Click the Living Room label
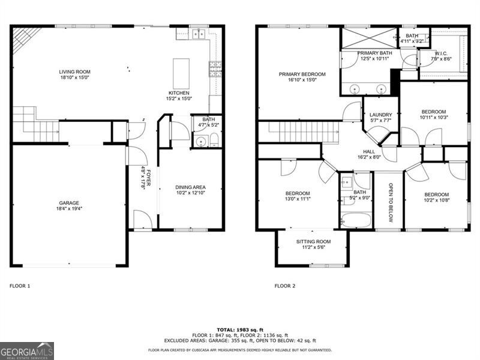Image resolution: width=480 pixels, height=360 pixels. tap(74, 71)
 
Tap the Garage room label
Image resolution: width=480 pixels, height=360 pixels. tap(69, 203)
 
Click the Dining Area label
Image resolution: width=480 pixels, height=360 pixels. tap(190, 187)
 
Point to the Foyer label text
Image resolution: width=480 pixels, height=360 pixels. tap(143, 178)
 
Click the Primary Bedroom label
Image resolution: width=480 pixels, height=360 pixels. tap(302, 74)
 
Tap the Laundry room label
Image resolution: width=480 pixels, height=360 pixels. tap(380, 115)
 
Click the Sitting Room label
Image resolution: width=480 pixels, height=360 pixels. tap(313, 242)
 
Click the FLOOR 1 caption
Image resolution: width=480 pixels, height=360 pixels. tap(20, 286)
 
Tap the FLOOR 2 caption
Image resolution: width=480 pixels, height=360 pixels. tap(285, 286)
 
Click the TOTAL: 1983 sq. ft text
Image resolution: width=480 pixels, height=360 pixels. tap(240, 329)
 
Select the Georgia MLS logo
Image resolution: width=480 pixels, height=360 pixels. tap(27, 350)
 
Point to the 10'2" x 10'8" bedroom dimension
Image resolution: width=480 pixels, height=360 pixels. tap(436, 201)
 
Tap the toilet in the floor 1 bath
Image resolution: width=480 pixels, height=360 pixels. tap(213, 142)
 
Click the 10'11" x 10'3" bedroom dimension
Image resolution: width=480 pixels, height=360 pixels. tap(433, 118)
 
